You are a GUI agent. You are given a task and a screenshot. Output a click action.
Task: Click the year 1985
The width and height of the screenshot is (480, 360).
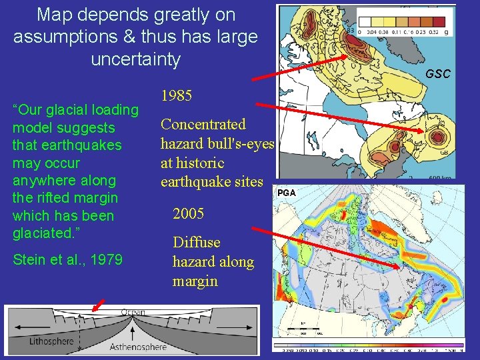177,96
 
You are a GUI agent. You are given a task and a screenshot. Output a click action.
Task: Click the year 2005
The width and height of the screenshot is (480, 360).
189,214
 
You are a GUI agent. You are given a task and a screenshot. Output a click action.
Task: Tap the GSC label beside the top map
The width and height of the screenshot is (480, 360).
438,74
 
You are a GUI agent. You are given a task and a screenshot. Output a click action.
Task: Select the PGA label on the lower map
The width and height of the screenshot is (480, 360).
286,193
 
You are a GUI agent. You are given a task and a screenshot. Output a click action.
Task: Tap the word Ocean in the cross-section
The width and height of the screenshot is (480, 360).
133,313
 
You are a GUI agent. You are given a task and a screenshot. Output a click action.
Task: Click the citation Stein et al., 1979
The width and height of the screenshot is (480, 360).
67,259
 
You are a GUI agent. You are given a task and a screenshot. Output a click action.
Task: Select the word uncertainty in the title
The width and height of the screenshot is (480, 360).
135,59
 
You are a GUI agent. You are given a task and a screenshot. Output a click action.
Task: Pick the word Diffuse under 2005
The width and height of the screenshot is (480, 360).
196,243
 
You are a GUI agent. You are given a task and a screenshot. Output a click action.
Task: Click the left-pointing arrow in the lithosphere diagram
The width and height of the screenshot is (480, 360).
20,326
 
